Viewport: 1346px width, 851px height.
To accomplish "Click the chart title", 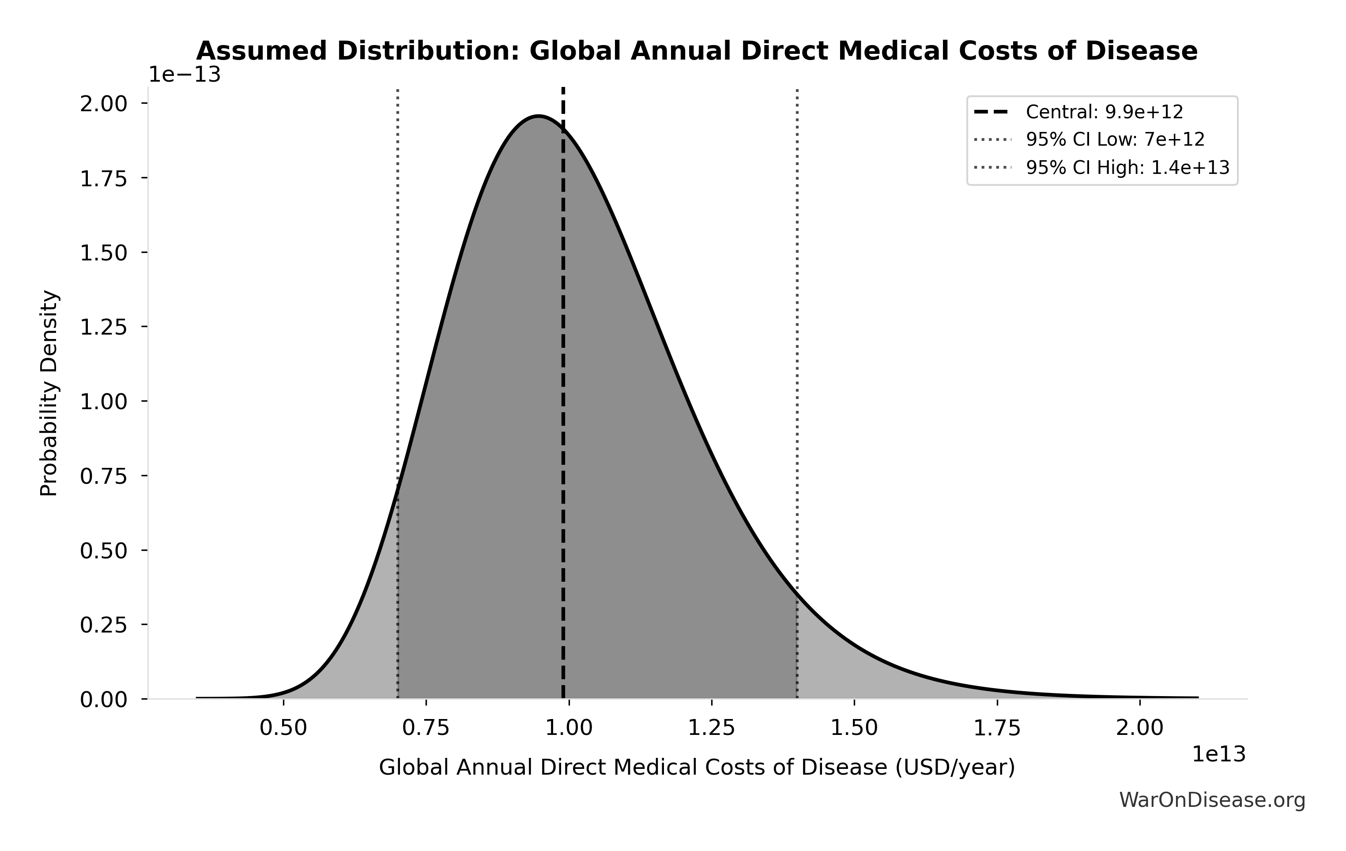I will click(697, 51).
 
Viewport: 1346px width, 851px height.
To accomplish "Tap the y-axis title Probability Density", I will click(49, 393).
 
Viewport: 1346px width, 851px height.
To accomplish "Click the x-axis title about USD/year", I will click(697, 767).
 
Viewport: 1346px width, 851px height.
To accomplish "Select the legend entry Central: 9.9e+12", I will click(1104, 112).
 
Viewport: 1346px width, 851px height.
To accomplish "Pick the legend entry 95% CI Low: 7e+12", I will click(1115, 139).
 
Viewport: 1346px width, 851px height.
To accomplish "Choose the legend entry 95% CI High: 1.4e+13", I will click(1127, 168).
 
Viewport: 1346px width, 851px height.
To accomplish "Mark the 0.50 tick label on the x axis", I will click(283, 728).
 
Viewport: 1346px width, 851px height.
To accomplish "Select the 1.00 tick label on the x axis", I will click(569, 728).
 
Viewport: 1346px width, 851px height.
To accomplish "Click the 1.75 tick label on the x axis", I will click(997, 728).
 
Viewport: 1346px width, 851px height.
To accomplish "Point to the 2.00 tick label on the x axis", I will click(1140, 728).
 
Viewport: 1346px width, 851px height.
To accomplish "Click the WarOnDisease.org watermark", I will click(1212, 800).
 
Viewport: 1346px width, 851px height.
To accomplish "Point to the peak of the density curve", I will click(538, 116).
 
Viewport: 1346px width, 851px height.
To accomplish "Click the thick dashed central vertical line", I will click(563, 391).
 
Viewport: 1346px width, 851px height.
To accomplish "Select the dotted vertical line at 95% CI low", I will click(397, 279).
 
